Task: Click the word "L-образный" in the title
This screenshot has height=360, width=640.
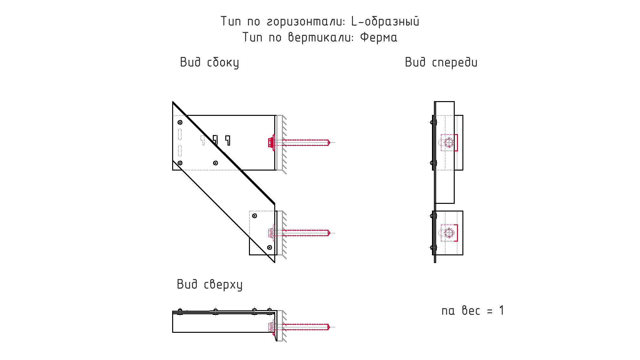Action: click(385, 21)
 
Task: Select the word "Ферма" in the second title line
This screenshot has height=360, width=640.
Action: click(379, 37)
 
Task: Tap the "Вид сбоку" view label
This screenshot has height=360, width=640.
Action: click(210, 62)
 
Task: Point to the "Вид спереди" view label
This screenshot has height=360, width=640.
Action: click(441, 62)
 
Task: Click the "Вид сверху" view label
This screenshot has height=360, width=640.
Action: click(210, 284)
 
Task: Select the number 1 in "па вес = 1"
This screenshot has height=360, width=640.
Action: click(501, 310)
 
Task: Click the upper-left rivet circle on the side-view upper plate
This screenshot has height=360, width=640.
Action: click(180, 122)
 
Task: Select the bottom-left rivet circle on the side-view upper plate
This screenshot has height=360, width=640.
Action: click(180, 163)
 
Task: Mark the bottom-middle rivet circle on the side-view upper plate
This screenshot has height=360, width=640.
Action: click(216, 163)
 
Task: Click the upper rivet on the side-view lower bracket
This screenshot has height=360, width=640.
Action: click(254, 216)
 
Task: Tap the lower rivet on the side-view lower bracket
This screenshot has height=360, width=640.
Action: click(269, 247)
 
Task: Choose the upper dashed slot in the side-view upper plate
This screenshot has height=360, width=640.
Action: click(180, 134)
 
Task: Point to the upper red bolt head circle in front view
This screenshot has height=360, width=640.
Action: click(449, 142)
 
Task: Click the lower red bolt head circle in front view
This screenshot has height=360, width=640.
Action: click(449, 233)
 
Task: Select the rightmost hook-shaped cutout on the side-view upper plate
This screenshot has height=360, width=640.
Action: click(228, 140)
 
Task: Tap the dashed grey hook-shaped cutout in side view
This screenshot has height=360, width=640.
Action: click(203, 140)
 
